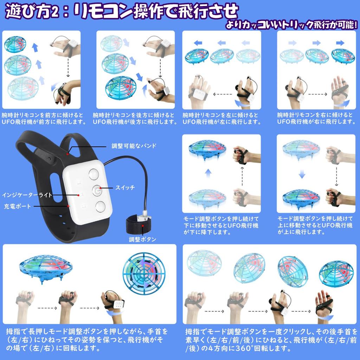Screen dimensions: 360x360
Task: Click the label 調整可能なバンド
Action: point(134,146)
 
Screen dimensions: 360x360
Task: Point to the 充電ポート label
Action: point(18,206)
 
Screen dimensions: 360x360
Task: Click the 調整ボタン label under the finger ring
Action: point(142,240)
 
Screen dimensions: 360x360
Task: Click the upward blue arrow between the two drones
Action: point(208,173)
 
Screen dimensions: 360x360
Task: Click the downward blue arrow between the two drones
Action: point(301,173)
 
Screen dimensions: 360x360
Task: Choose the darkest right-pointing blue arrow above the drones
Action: point(340,43)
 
